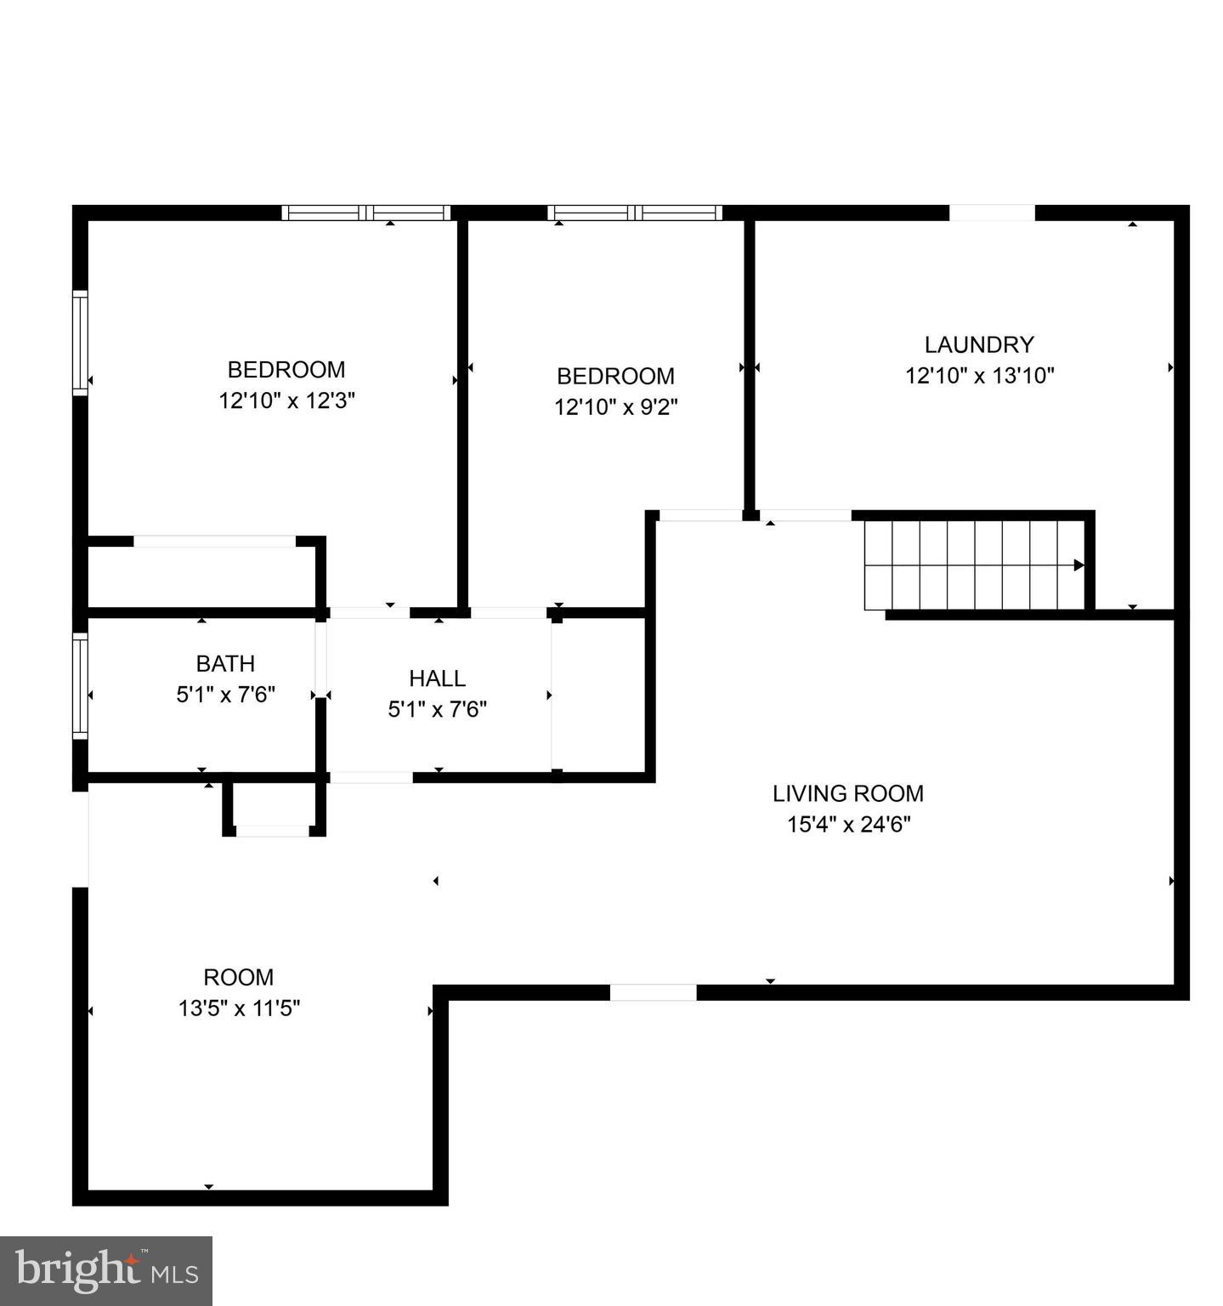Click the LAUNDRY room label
click(979, 344)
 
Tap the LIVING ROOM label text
click(847, 793)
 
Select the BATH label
click(225, 663)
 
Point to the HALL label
click(437, 678)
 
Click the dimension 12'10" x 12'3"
click(286, 400)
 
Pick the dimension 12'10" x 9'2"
click(615, 407)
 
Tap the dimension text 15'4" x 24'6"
click(848, 824)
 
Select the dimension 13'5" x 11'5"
click(239, 1008)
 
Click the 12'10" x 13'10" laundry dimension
click(979, 375)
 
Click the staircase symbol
click(974, 565)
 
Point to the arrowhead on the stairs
click(1079, 565)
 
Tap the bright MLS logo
click(105, 1271)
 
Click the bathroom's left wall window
click(80, 685)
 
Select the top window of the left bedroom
click(366, 213)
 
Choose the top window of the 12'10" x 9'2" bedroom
click(634, 213)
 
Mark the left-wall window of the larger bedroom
click(80, 343)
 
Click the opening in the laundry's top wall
click(992, 213)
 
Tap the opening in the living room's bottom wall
click(653, 992)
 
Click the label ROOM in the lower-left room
click(238, 977)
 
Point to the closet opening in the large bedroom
click(214, 542)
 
